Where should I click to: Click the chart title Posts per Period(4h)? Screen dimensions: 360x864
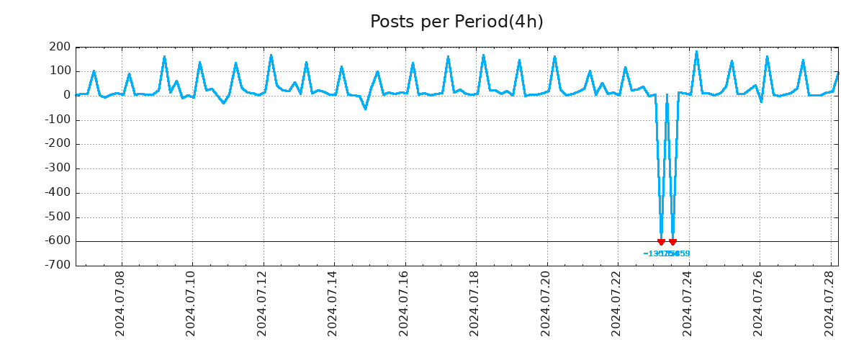[456, 22]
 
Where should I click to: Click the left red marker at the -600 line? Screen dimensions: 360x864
[661, 242]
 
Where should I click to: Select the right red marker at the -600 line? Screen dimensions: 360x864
[672, 242]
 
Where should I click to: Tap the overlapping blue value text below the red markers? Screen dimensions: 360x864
[667, 253]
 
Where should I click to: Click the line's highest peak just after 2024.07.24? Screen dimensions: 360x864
[696, 51]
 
